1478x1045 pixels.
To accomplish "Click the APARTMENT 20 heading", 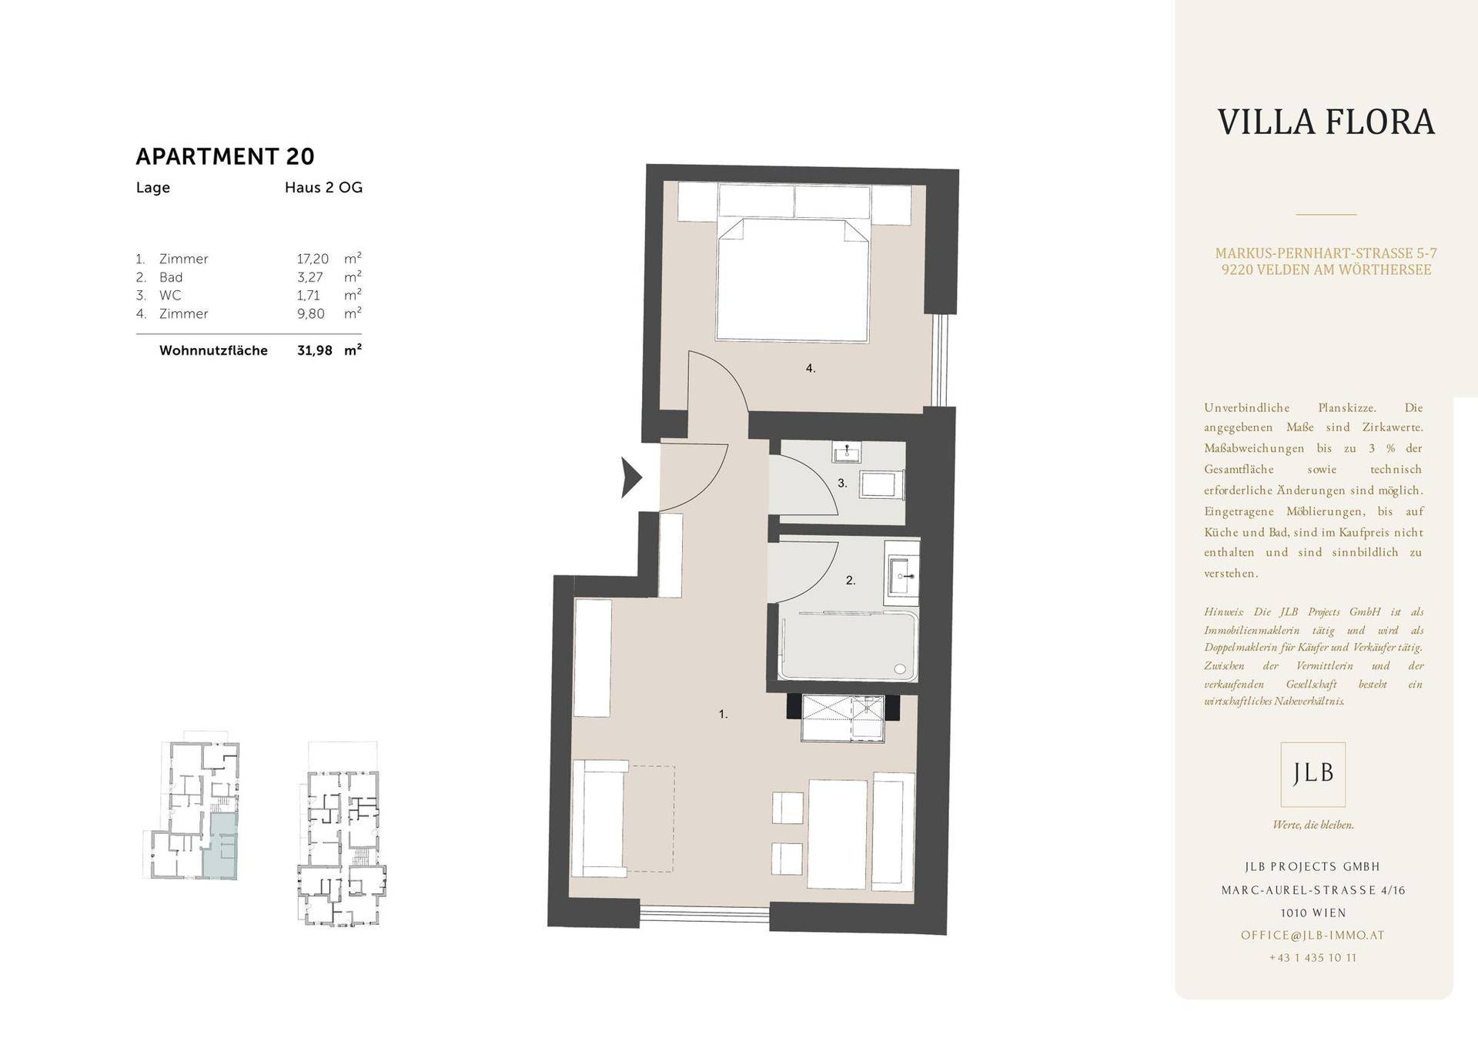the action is tap(225, 156).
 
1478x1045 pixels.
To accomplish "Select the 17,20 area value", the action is tap(313, 260).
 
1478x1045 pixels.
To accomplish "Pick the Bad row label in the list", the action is tap(171, 277).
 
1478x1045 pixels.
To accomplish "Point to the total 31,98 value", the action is tap(315, 350).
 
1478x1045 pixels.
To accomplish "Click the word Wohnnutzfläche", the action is tap(213, 350).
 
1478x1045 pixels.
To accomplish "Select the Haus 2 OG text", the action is tap(323, 187).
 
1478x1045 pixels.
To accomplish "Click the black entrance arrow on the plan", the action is tap(631, 477).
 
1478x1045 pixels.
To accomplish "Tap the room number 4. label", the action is tap(811, 369).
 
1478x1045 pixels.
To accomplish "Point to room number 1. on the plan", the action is tap(724, 715).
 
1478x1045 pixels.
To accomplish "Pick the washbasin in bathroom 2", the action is tap(901, 575).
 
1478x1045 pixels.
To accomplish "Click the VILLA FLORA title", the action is tap(1326, 122).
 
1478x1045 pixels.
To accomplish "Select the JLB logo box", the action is tap(1313, 774).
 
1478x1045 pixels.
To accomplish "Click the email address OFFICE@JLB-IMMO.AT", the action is tap(1312, 936).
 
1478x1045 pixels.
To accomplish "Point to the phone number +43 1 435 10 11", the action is tap(1313, 958).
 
